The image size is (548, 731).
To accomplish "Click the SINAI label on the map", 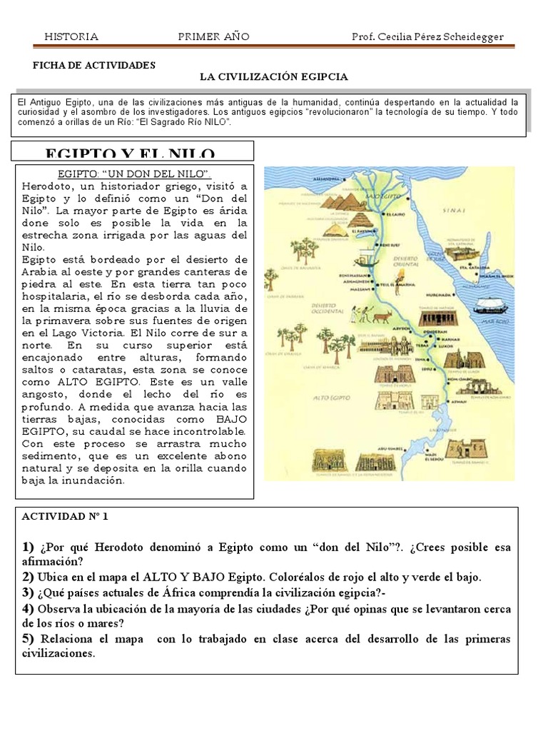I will coord(455,211).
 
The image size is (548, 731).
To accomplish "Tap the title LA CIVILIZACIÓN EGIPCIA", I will coord(273,76).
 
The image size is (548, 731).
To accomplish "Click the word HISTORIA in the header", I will coord(71,37).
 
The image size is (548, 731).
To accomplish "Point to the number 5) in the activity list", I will coord(28,638).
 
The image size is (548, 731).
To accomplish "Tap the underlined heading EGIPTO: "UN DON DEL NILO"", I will coord(133,174).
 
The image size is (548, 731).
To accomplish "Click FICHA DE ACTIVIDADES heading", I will coord(94,64).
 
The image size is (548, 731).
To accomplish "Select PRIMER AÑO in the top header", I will coord(213,37).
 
